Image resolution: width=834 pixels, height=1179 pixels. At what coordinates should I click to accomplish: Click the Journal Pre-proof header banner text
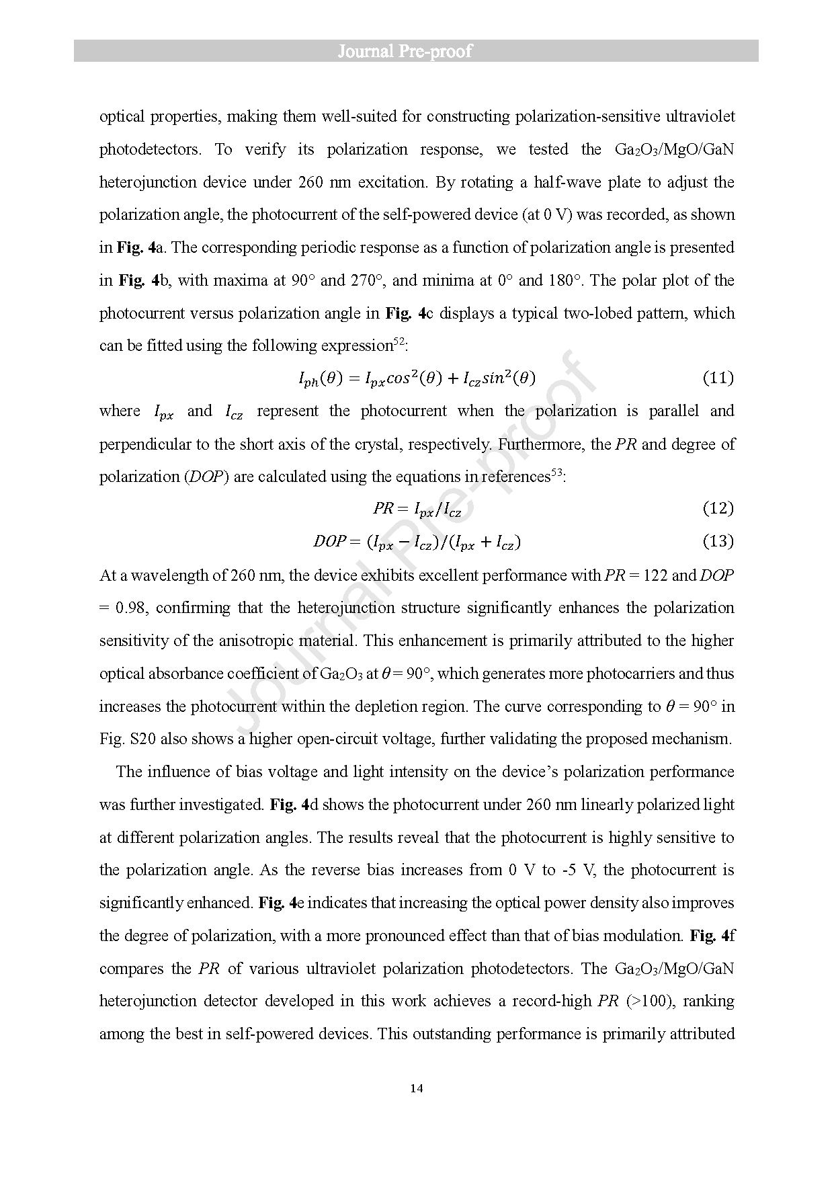tap(405, 52)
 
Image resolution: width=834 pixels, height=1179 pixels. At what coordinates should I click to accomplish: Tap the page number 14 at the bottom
tap(416, 1088)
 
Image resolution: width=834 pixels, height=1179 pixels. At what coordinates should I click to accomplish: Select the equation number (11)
tap(718, 378)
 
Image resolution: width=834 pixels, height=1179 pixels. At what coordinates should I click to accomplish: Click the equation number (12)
tap(718, 508)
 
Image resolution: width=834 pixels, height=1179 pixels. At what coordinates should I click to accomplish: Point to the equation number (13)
tap(718, 541)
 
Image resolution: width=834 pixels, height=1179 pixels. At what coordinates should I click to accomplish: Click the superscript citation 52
tap(399, 341)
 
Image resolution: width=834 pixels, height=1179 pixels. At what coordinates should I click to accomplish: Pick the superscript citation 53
tap(556, 473)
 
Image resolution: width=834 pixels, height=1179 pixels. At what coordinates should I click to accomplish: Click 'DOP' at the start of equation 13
tap(330, 541)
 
